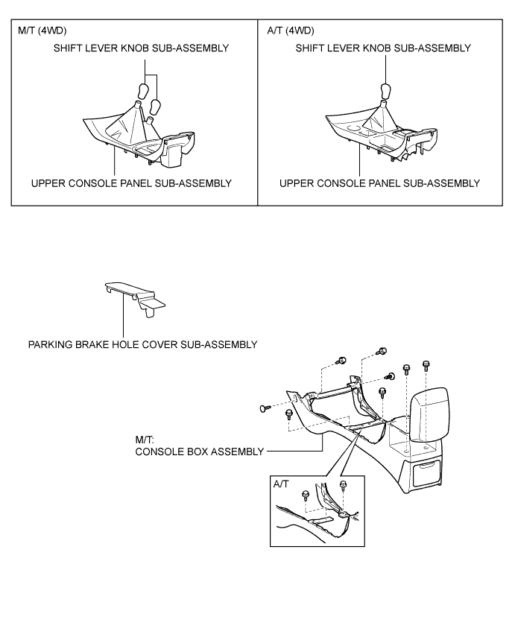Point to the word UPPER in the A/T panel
[296, 183]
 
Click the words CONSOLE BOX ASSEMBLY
[199, 451]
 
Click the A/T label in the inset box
[281, 484]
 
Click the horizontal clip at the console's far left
[265, 407]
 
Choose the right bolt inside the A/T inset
[343, 487]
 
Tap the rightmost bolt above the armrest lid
[426, 365]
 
